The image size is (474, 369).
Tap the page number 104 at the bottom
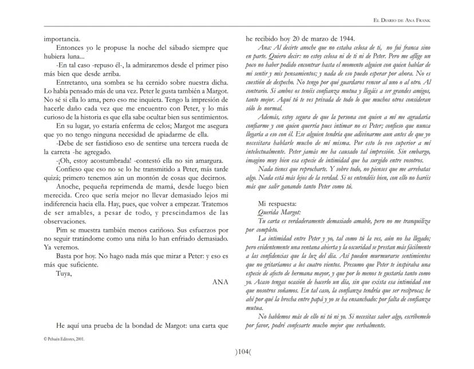click(236, 352)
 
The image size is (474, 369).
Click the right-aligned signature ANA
click(220, 282)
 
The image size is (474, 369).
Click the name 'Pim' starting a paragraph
click(62, 229)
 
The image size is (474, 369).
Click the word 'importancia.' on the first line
click(62, 38)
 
